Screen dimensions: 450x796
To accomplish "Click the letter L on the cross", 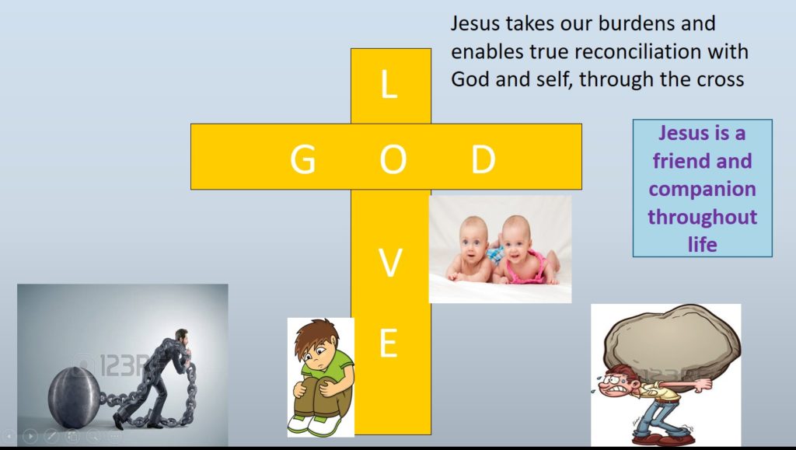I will tap(389, 85).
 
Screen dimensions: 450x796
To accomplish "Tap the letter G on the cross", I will tap(302, 159).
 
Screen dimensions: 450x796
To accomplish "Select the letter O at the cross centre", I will tap(392, 159).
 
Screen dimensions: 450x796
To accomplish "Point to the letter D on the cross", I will tap(483, 159).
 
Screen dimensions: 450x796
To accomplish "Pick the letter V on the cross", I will tap(390, 264).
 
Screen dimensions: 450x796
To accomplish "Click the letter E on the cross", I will tap(389, 344).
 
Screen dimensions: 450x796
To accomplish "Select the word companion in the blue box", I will tap(702, 189).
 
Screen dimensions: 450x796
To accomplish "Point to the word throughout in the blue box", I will tap(702, 216).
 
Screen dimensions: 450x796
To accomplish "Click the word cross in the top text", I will tap(720, 80).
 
